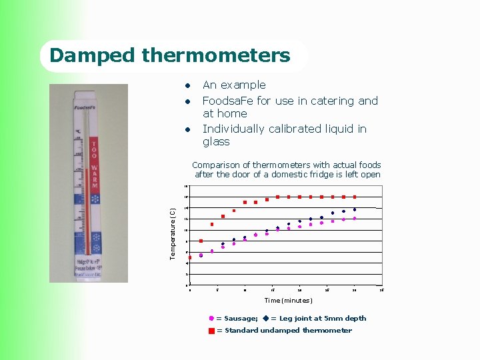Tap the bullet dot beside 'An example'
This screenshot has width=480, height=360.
pos(189,85)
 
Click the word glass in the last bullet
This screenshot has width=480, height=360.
pos(216,141)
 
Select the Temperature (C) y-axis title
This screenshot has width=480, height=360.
pos(173,234)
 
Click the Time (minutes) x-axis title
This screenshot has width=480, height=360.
pos(288,301)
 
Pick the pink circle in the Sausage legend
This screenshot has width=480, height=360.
pos(211,319)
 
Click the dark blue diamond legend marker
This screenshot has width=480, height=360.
pos(265,319)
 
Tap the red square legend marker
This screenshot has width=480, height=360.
pos(211,331)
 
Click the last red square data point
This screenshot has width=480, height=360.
pos(355,197)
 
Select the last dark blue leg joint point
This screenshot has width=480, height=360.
pos(355,209)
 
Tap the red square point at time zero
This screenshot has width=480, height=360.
pos(190,257)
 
